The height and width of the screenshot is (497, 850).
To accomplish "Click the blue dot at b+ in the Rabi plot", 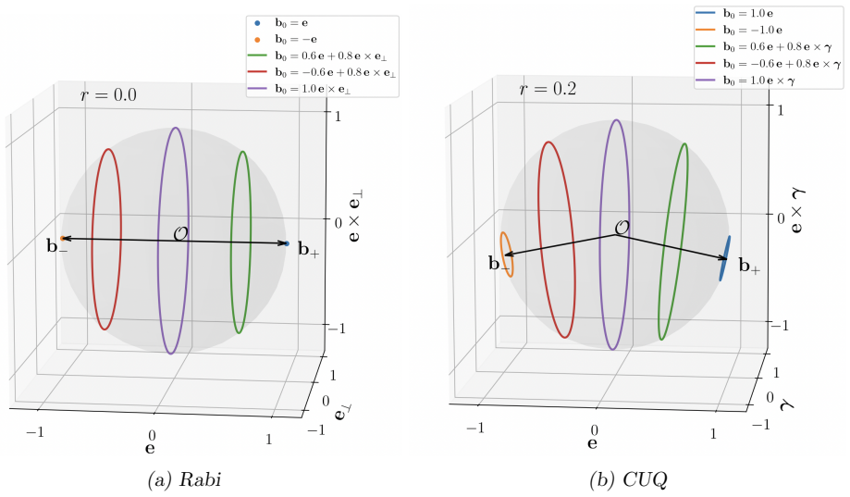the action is coord(287,243).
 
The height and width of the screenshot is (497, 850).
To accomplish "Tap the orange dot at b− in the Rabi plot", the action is coord(62,238).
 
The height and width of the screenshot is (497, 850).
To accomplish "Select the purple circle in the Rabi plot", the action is coord(158,241).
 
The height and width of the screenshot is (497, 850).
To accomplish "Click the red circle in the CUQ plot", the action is coord(539,239).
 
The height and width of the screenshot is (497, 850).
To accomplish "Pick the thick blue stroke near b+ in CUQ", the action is coord(725,258).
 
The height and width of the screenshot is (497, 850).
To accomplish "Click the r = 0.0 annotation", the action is coord(108,95).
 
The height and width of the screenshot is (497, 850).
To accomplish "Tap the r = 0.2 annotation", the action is coord(548,89).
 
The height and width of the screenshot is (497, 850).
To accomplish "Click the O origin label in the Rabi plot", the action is coord(180,234).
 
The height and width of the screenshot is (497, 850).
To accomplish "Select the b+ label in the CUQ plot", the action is coord(749,266).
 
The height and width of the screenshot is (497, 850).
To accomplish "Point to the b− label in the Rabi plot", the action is coord(57,247).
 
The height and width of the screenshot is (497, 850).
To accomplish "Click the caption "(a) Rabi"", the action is coord(184,479).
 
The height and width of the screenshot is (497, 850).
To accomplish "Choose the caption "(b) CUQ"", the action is coord(628,479).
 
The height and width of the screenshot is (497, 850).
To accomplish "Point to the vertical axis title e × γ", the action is coord(796,210).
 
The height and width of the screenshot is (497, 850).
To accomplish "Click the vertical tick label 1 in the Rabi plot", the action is coord(339,115).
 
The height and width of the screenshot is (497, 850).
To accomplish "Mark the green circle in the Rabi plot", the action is coord(231,242).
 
